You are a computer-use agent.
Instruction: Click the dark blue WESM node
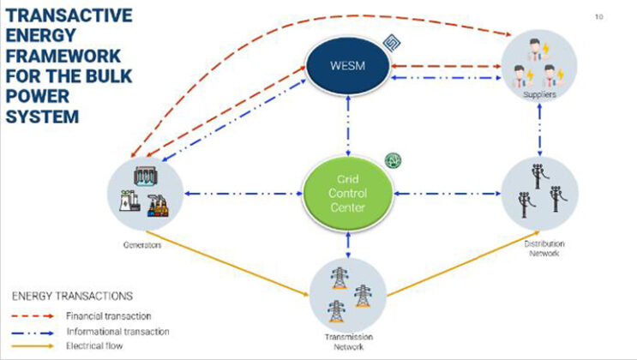click(x=347, y=67)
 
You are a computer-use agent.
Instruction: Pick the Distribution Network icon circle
click(x=539, y=194)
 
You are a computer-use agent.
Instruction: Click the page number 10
click(x=598, y=16)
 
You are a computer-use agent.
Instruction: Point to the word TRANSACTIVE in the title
click(x=69, y=16)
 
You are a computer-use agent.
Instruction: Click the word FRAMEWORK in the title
click(x=63, y=56)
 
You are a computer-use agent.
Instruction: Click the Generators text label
click(x=137, y=243)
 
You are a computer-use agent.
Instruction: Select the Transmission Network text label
click(x=347, y=342)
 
